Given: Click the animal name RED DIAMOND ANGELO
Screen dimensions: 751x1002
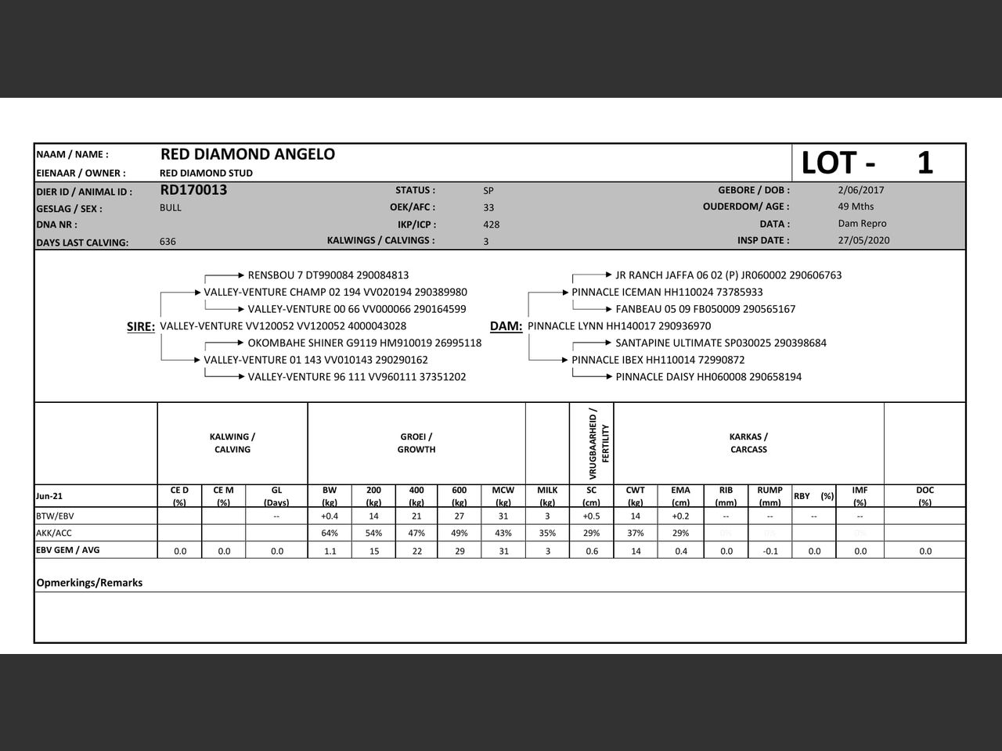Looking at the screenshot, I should pos(247,154).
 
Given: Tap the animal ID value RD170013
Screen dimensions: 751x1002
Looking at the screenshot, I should pos(193,190).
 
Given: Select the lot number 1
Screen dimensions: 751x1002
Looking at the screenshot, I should pos(925,163).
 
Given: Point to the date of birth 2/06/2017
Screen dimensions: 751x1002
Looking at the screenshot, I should pos(860,190).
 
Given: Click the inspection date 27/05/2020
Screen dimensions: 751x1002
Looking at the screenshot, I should pos(863,241).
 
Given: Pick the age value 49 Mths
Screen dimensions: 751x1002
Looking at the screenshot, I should pos(856,207).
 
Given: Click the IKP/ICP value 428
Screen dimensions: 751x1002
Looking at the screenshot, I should pos(491,225).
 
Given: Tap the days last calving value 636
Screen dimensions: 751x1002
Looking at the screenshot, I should pos(168,242).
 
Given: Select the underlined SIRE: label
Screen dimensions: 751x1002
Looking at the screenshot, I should pos(141,327).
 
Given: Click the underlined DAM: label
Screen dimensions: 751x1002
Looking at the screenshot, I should pos(506,327).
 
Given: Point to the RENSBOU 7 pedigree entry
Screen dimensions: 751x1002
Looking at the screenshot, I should pos(328,275).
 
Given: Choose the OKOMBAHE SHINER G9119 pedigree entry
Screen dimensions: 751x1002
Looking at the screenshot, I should pos(365,343).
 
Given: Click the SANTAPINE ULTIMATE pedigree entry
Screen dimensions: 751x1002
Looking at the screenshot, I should pos(720,343).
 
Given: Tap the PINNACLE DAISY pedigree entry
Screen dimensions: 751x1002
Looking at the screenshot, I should pos(708,377).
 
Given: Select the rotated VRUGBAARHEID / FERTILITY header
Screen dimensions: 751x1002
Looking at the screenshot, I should pos(598,443).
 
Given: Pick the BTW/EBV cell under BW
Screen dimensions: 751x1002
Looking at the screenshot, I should pos(330,516).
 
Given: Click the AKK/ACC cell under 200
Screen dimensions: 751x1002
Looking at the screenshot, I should pos(373,534).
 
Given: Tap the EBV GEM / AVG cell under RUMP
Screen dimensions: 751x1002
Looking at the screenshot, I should pos(770,551).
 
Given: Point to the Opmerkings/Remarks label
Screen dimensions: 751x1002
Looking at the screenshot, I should pos(89,583).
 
